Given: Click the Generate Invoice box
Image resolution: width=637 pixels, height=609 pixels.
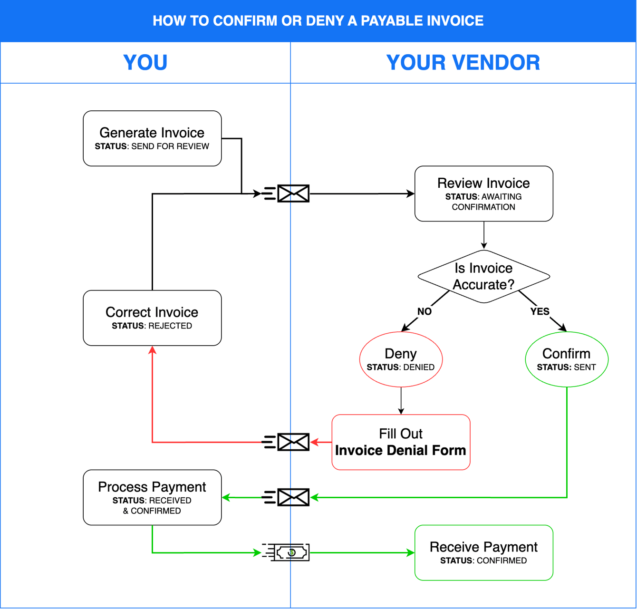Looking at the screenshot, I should [x=152, y=138].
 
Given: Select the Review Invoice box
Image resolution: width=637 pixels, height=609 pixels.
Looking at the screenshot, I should [x=483, y=193].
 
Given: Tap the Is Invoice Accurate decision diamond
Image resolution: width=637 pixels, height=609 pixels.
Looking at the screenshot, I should [x=483, y=276].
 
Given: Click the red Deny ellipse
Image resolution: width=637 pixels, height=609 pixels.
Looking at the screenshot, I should [x=401, y=359].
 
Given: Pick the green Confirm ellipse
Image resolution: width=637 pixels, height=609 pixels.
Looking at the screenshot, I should [x=566, y=359].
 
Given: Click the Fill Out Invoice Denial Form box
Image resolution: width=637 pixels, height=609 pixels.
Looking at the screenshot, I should [x=401, y=442].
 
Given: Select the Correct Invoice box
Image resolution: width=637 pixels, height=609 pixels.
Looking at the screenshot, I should [x=152, y=318].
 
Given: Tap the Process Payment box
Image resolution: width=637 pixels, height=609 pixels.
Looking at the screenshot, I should [x=152, y=497].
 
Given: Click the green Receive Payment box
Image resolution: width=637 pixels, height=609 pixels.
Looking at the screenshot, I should [x=483, y=552].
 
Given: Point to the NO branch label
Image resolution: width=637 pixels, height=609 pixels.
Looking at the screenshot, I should [x=424, y=311].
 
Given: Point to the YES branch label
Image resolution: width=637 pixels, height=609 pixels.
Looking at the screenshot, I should [x=540, y=311].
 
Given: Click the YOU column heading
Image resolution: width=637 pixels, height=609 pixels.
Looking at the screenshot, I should [x=145, y=62].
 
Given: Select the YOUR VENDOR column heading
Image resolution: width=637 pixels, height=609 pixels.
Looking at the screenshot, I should [x=463, y=62].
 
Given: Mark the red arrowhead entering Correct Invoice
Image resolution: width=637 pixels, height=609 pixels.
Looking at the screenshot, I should [x=152, y=350].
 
